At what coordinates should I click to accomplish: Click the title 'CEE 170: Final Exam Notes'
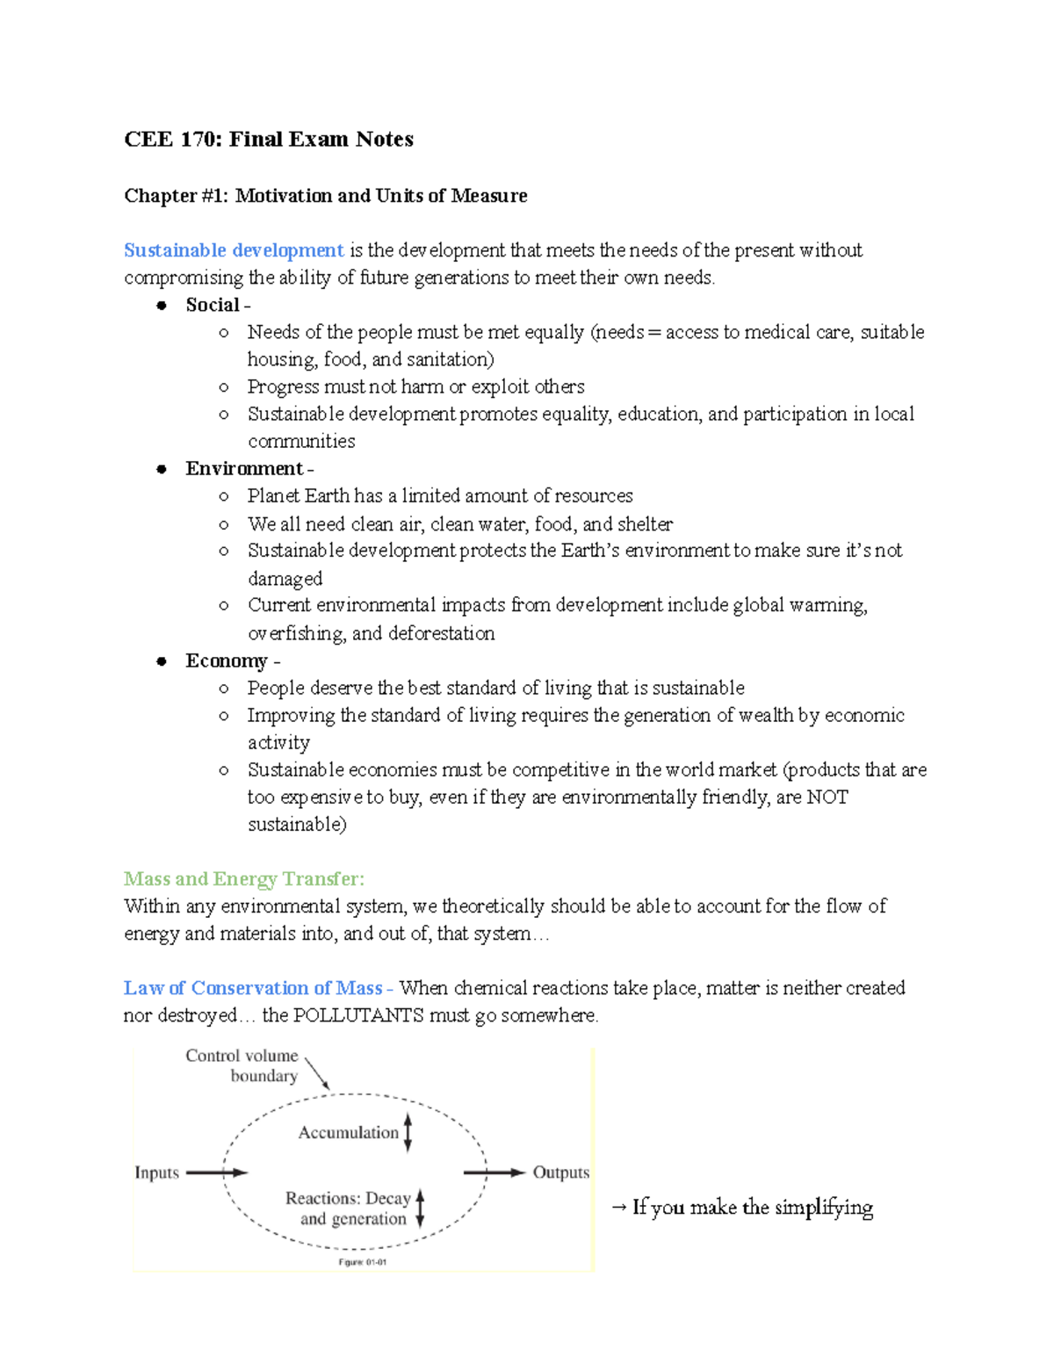(x=269, y=140)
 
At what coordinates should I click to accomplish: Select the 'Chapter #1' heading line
(x=326, y=196)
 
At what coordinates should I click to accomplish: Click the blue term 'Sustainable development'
(x=234, y=250)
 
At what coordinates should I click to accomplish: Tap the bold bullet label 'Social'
(x=213, y=305)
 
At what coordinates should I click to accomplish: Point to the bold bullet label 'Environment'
(x=244, y=469)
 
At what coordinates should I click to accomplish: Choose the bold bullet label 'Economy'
(x=227, y=661)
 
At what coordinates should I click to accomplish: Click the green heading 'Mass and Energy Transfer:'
(x=244, y=879)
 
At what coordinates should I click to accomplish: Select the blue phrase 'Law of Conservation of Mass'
(x=253, y=988)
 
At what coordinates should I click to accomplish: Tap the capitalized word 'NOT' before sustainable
(x=827, y=797)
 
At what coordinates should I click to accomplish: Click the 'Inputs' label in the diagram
(x=156, y=1173)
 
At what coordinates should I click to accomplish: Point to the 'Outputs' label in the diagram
(x=561, y=1173)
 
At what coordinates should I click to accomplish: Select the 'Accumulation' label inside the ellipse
(x=348, y=1133)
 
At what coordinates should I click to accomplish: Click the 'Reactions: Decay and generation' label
(x=349, y=1209)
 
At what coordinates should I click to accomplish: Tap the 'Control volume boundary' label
(x=242, y=1065)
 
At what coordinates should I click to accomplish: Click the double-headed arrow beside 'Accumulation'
(x=408, y=1132)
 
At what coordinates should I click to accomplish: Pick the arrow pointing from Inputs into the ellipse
(x=217, y=1173)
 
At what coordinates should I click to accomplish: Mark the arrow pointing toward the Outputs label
(x=494, y=1173)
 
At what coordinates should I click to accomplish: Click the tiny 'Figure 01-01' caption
(x=363, y=1262)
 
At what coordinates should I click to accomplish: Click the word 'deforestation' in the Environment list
(x=442, y=634)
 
